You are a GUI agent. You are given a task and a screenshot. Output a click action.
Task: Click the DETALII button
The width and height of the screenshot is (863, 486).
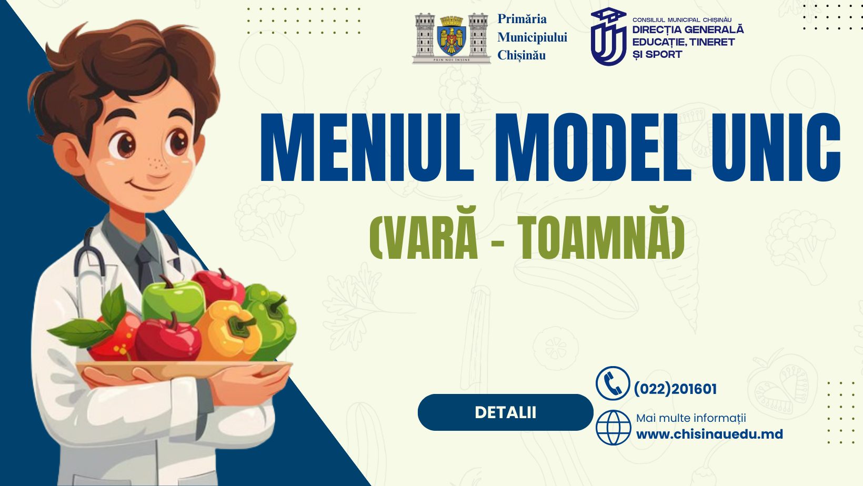click(505, 412)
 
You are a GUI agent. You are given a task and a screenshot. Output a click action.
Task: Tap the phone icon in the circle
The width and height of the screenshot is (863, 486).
click(613, 383)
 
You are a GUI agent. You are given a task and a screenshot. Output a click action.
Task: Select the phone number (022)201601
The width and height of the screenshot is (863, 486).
click(675, 389)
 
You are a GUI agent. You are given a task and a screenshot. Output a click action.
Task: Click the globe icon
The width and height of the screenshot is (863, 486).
click(614, 428)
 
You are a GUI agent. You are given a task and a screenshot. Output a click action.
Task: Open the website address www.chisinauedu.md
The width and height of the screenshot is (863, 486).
click(709, 434)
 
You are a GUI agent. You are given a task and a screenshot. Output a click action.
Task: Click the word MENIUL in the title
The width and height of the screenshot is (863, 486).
click(367, 147)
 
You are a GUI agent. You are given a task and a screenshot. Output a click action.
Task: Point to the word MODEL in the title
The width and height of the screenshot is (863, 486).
click(593, 147)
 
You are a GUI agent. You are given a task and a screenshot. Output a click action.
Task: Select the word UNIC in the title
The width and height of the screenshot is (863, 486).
click(776, 147)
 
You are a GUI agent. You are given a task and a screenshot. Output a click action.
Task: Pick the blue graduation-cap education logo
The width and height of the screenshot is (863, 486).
click(609, 37)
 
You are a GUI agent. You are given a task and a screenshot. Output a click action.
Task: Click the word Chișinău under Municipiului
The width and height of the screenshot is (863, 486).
click(521, 55)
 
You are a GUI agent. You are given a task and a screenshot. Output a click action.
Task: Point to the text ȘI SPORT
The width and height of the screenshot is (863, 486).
click(657, 54)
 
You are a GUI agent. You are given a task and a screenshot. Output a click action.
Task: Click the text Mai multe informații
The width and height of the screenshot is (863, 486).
click(691, 418)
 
